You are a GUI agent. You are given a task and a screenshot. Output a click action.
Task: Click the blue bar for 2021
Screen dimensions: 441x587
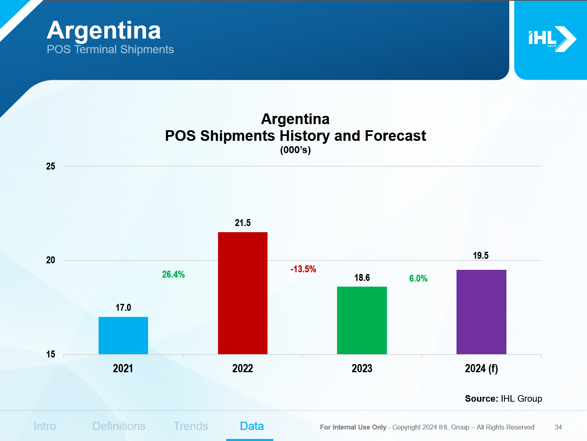coord(123,335)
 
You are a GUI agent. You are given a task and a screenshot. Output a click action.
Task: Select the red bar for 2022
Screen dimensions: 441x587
coord(243,293)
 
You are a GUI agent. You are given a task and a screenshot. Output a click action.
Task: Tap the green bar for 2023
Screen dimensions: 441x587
coord(362,320)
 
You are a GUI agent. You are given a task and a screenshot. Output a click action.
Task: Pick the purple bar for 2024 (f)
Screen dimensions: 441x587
coord(481,312)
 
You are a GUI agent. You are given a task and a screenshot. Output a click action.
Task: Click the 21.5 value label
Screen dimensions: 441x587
coord(243,223)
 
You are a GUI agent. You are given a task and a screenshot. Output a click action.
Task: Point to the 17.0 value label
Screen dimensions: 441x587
coord(123,308)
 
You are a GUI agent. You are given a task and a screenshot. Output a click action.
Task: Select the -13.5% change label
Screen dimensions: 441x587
coord(303,269)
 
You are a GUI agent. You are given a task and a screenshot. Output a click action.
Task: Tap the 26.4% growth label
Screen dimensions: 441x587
coord(173,274)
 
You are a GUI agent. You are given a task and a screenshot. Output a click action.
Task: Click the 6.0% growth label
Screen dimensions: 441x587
coord(418,278)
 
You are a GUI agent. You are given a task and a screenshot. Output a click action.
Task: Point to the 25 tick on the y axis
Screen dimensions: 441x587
coord(50,166)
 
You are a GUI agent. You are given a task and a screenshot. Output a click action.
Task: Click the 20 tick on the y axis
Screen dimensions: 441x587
coord(50,260)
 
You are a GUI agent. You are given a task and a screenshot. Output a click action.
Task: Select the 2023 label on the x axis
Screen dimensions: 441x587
coord(362,369)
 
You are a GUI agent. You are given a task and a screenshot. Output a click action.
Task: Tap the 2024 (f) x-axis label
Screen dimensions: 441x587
coord(481,369)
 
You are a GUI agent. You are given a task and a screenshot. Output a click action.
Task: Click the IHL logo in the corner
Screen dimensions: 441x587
coord(552,39)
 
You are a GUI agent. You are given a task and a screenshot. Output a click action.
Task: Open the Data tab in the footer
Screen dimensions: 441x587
coord(252,426)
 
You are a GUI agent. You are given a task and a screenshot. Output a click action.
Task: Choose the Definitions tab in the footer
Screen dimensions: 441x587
coord(119,426)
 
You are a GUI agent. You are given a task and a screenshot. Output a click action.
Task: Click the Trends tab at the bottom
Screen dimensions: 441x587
coord(191,426)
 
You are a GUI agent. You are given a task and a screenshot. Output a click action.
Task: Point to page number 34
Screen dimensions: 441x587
coord(558,427)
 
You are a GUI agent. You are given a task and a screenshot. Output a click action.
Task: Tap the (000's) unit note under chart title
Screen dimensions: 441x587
coord(295,150)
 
